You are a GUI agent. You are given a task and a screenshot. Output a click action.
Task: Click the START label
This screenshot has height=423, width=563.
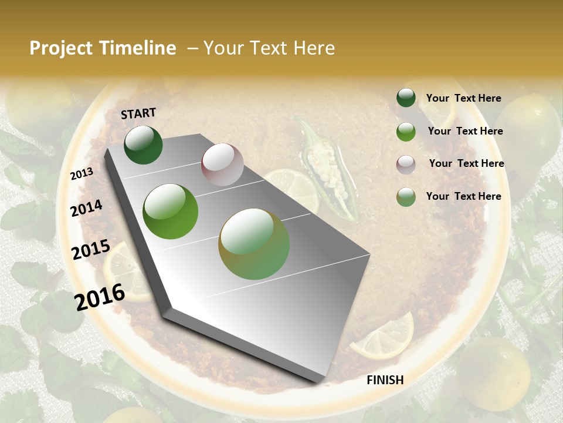(138, 113)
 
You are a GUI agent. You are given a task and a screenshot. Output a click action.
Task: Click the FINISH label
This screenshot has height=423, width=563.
(385, 380)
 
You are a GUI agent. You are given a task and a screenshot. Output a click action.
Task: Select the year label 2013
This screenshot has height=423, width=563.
(82, 173)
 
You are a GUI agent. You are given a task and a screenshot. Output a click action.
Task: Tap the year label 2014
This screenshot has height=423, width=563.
(86, 208)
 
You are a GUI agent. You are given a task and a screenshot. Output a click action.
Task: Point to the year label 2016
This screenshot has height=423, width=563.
(100, 297)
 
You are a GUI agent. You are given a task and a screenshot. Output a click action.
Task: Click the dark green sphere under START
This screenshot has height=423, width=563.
(143, 145)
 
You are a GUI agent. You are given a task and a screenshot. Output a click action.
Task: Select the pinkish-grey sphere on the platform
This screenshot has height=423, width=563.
(222, 164)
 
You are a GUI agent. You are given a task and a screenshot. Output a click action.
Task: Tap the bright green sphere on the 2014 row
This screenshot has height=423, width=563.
(171, 211)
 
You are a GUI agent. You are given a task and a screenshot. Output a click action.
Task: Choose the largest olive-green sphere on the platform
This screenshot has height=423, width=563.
(254, 244)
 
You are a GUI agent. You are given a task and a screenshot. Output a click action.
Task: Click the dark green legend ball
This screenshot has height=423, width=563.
(406, 98)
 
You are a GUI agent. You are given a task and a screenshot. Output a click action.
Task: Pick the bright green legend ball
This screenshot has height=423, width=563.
(406, 132)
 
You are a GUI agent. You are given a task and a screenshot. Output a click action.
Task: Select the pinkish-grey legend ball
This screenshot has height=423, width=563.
(406, 164)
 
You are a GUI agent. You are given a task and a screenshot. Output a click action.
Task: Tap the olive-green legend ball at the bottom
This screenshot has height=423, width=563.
(406, 197)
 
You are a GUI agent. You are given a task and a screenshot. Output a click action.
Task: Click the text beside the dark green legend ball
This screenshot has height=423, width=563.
(463, 98)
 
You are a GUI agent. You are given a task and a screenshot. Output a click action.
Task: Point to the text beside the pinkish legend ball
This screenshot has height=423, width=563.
(466, 163)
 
